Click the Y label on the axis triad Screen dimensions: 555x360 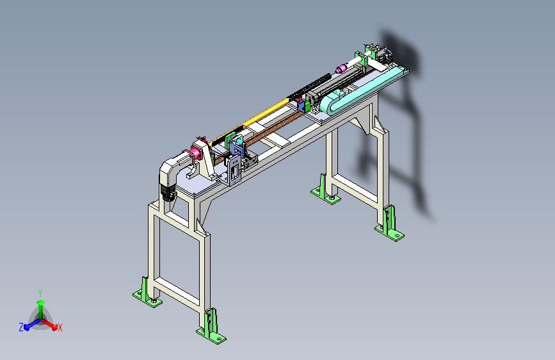point(40,293)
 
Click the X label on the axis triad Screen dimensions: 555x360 point(60,327)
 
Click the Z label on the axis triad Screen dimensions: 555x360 point(21,327)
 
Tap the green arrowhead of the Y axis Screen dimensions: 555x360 point(41,302)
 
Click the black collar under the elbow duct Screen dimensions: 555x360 point(168,193)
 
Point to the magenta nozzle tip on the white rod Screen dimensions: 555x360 point(341,69)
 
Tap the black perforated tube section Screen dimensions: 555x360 point(310,86)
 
